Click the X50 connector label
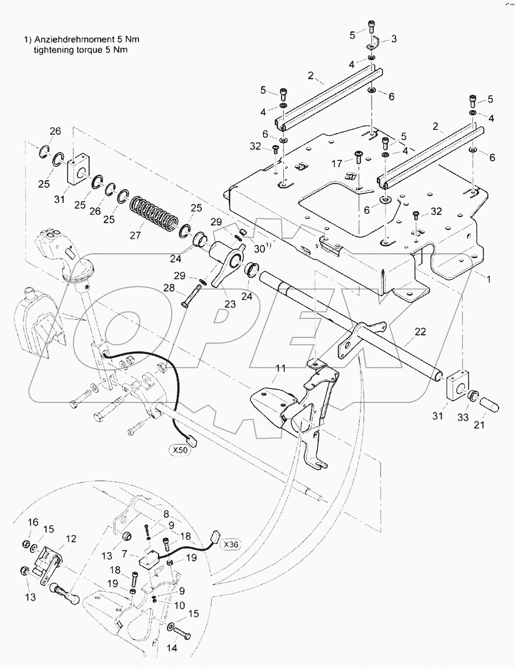click(180, 450)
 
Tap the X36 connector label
click(231, 544)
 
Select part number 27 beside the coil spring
click(135, 235)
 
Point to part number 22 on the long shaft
click(420, 332)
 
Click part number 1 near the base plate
click(489, 279)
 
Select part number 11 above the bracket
click(281, 369)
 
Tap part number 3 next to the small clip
click(394, 39)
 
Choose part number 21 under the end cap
click(479, 425)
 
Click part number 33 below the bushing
click(463, 417)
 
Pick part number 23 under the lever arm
click(230, 304)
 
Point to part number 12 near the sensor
click(71, 538)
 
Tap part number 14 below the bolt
click(172, 648)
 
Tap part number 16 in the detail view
click(33, 522)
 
